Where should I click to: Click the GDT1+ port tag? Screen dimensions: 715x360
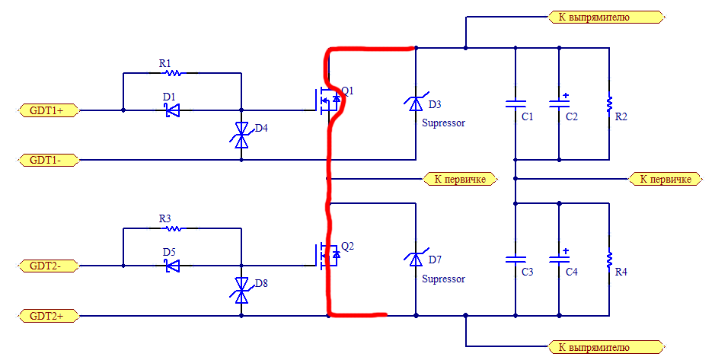[49, 110]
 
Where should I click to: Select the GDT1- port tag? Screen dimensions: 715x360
[49, 160]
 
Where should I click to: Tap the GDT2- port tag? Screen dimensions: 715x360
[49, 266]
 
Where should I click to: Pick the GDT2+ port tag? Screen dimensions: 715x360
[49, 316]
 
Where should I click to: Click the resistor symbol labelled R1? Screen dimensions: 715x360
[174, 72]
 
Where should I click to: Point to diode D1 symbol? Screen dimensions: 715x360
[172, 110]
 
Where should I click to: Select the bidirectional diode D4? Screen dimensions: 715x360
[241, 135]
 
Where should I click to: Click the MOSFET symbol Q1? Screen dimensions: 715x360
[328, 100]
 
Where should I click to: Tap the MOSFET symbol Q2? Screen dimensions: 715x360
[328, 256]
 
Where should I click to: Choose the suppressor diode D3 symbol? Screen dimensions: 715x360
[416, 104]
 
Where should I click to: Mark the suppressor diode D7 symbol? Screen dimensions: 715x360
[416, 259]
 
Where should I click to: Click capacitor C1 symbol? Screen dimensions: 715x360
[516, 104]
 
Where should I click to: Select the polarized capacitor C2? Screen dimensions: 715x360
[560, 103]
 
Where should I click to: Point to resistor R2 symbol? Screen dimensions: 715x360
[609, 104]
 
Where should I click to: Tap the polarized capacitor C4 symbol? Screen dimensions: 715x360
[560, 258]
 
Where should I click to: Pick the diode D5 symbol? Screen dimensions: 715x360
[172, 266]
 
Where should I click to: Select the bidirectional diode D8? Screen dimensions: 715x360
[241, 290]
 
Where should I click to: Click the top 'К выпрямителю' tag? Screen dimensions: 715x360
[605, 18]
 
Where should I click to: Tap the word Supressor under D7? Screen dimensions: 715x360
[443, 279]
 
